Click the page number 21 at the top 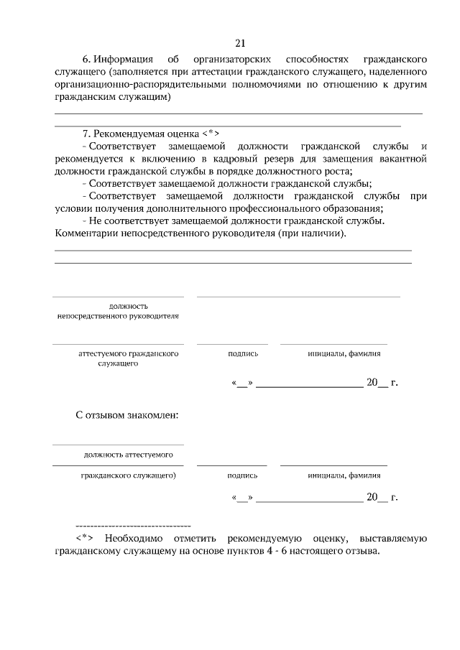(x=240, y=42)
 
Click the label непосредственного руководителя (x=118, y=315)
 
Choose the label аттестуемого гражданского (x=128, y=353)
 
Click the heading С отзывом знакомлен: (x=126, y=415)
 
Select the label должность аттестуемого (x=127, y=455)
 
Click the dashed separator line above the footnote (x=133, y=526)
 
